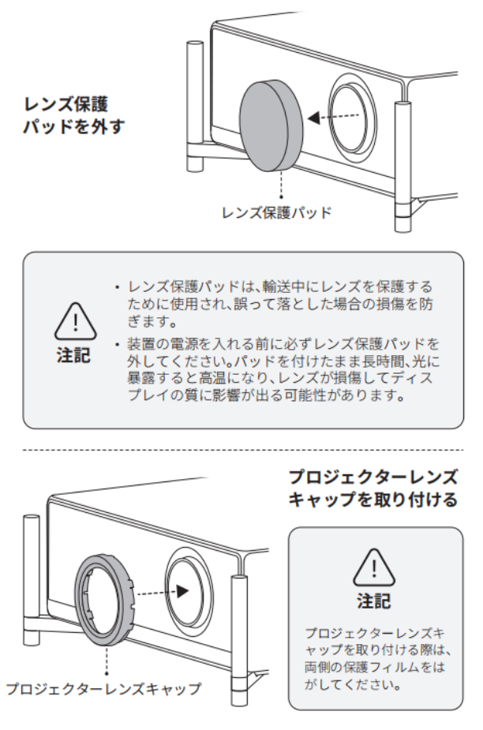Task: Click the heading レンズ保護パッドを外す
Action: (74, 114)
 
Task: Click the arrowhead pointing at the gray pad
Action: (314, 118)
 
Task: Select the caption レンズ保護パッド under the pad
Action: (276, 213)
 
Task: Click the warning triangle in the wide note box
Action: (76, 321)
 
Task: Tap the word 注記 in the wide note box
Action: (73, 355)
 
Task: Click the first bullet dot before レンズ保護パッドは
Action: (118, 287)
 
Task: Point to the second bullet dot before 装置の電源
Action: (118, 345)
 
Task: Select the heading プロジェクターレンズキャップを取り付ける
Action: (373, 489)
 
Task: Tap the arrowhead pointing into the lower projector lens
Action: (182, 591)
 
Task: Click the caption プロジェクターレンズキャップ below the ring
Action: (104, 688)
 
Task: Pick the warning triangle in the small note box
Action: (374, 567)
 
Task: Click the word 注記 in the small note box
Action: (374, 601)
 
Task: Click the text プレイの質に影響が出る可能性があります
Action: (266, 395)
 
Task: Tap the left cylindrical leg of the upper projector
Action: (195, 107)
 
